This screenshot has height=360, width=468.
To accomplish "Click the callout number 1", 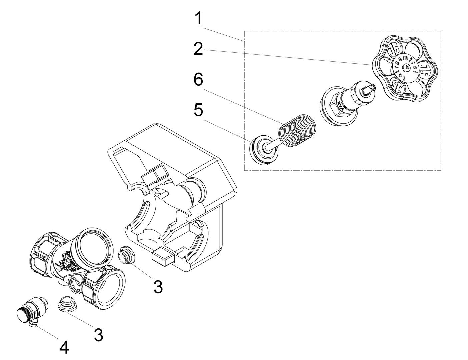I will click(x=199, y=19).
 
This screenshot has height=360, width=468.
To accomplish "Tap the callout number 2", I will click(x=198, y=49).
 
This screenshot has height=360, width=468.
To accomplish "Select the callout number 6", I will click(x=198, y=80).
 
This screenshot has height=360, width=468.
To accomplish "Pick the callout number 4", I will click(x=64, y=348).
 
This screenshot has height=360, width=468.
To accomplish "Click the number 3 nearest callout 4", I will click(x=98, y=335).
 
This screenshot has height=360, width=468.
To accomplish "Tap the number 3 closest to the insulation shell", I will click(x=158, y=287).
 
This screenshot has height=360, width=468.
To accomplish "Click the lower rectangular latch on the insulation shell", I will click(x=163, y=256).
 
